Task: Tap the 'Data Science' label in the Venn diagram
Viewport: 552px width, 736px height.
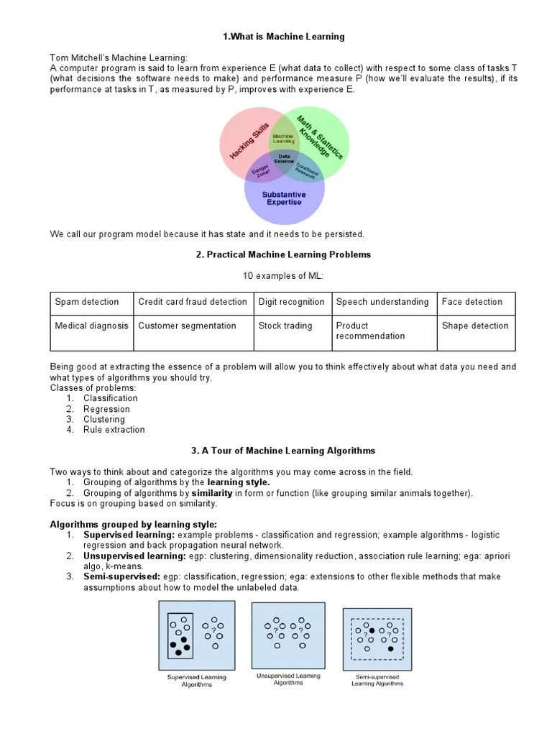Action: pyautogui.click(x=284, y=159)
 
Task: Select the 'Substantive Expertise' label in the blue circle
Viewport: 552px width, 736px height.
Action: pyautogui.click(x=284, y=198)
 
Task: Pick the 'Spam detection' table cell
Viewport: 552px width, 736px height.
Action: pyautogui.click(x=87, y=302)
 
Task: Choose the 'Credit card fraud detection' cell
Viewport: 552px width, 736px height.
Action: pyautogui.click(x=192, y=302)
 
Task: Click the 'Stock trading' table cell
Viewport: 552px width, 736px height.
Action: pyautogui.click(x=285, y=326)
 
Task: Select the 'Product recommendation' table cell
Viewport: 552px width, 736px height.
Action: pyautogui.click(x=370, y=331)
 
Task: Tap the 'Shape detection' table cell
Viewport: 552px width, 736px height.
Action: pyautogui.click(x=474, y=326)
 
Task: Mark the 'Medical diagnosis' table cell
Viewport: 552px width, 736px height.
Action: pyautogui.click(x=91, y=326)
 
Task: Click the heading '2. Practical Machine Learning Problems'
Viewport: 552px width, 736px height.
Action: pyautogui.click(x=282, y=254)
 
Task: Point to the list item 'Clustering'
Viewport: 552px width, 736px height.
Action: pyautogui.click(x=103, y=419)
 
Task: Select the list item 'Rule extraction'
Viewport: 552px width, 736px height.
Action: pyautogui.click(x=114, y=430)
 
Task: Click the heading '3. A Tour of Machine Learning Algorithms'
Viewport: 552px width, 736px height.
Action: pyautogui.click(x=282, y=451)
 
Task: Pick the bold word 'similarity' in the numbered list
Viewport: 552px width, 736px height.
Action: pyautogui.click(x=211, y=493)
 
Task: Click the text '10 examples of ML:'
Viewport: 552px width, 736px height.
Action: pyautogui.click(x=282, y=276)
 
